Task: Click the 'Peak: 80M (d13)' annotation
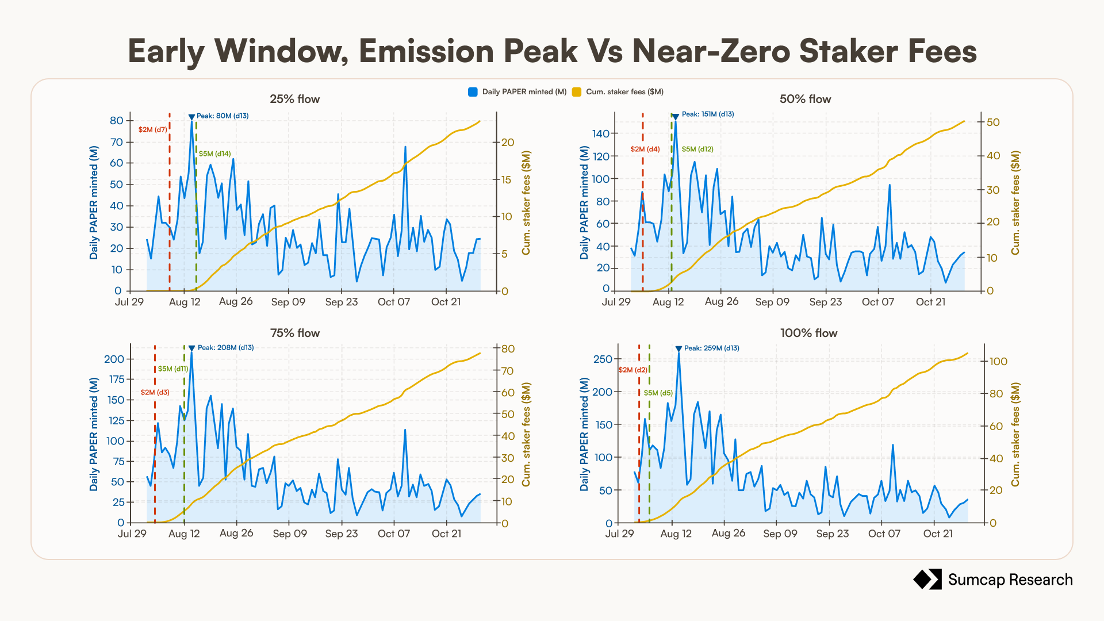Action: (223, 116)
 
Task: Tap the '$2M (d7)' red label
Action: (152, 130)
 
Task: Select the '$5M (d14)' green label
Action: (215, 154)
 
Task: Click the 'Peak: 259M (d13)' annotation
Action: (712, 348)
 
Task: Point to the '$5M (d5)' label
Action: (658, 393)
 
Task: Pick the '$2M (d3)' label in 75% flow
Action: (155, 393)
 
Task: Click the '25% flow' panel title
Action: (295, 99)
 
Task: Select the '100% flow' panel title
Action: (809, 333)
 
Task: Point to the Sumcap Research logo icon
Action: (927, 580)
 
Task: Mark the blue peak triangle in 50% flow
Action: (676, 117)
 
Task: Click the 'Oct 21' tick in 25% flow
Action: (446, 302)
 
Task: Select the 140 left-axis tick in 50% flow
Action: (601, 134)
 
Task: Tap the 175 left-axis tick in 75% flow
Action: (117, 379)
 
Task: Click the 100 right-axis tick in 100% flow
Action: (998, 362)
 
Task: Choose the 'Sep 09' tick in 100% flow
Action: (780, 534)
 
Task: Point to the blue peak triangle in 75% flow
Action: (191, 348)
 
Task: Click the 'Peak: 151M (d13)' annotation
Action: (708, 114)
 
